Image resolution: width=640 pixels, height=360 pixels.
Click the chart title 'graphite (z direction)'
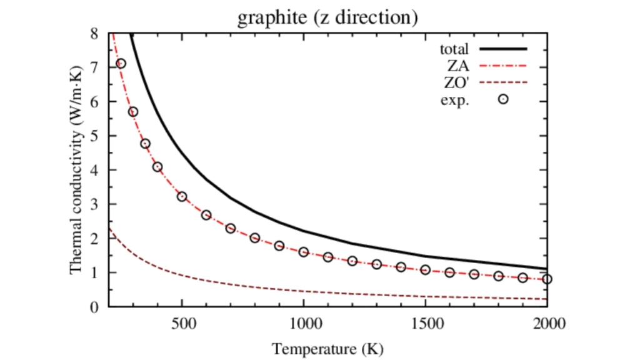[327, 17]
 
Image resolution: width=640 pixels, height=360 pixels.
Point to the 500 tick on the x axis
[181, 324]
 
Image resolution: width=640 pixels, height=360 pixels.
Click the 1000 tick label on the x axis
[304, 324]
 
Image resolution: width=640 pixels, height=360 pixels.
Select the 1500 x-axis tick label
[426, 324]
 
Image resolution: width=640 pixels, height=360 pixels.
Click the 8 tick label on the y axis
[94, 33]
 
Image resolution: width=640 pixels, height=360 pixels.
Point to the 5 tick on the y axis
[94, 136]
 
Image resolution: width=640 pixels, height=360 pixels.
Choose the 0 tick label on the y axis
[94, 307]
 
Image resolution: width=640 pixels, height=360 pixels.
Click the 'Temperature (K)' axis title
[327, 347]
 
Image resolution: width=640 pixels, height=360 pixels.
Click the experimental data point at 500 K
[182, 196]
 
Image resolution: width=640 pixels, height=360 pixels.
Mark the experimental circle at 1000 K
[304, 252]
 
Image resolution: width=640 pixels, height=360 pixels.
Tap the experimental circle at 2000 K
[547, 279]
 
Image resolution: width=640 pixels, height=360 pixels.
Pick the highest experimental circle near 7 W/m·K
[121, 63]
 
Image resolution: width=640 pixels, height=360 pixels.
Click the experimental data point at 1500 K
[426, 269]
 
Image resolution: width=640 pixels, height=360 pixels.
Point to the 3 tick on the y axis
[94, 204]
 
